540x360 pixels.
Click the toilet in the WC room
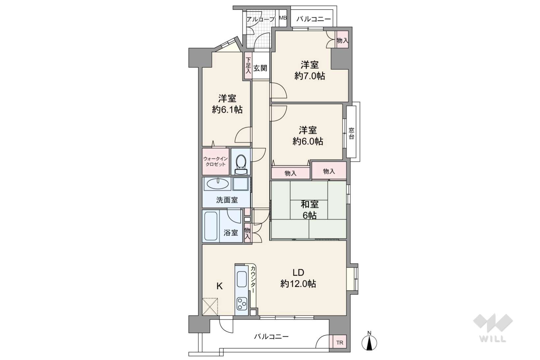click(x=241, y=164)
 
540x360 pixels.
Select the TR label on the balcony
click(x=340, y=343)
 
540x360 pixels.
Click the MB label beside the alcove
click(x=283, y=18)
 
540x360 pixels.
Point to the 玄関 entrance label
click(x=260, y=68)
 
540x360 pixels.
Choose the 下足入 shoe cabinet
click(x=248, y=65)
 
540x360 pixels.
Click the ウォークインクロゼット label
click(x=215, y=161)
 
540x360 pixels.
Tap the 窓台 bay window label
click(x=352, y=133)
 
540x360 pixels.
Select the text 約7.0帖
click(x=309, y=76)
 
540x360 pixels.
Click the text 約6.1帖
click(x=227, y=110)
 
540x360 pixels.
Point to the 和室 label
click(x=309, y=204)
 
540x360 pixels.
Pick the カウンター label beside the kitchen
click(x=253, y=279)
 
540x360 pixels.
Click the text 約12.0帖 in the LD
click(x=298, y=284)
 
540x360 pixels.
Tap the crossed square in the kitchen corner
click(x=210, y=307)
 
